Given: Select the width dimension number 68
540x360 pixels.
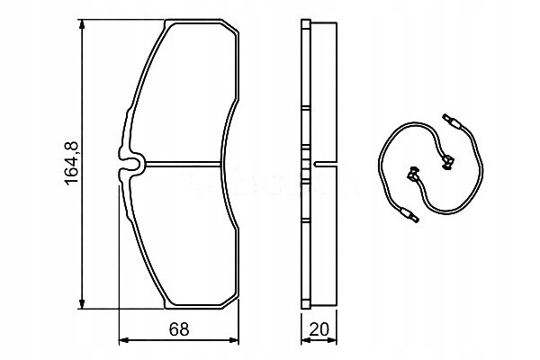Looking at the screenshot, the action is pyautogui.click(x=179, y=329).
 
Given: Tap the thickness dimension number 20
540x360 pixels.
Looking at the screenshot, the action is pyautogui.click(x=319, y=329).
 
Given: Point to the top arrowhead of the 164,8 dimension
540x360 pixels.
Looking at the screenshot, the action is pyautogui.click(x=82, y=25).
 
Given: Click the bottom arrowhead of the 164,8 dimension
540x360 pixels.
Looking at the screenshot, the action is pyautogui.click(x=82, y=303).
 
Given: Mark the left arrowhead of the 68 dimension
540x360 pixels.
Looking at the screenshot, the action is pyautogui.click(x=124, y=341).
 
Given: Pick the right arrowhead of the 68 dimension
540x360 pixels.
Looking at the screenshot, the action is pyautogui.click(x=233, y=341).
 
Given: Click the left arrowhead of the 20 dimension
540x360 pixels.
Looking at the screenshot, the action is pyautogui.click(x=306, y=341).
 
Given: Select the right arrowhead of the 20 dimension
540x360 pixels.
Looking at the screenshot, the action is pyautogui.click(x=332, y=341).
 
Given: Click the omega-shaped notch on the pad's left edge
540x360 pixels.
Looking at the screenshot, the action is pyautogui.click(x=130, y=164).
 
